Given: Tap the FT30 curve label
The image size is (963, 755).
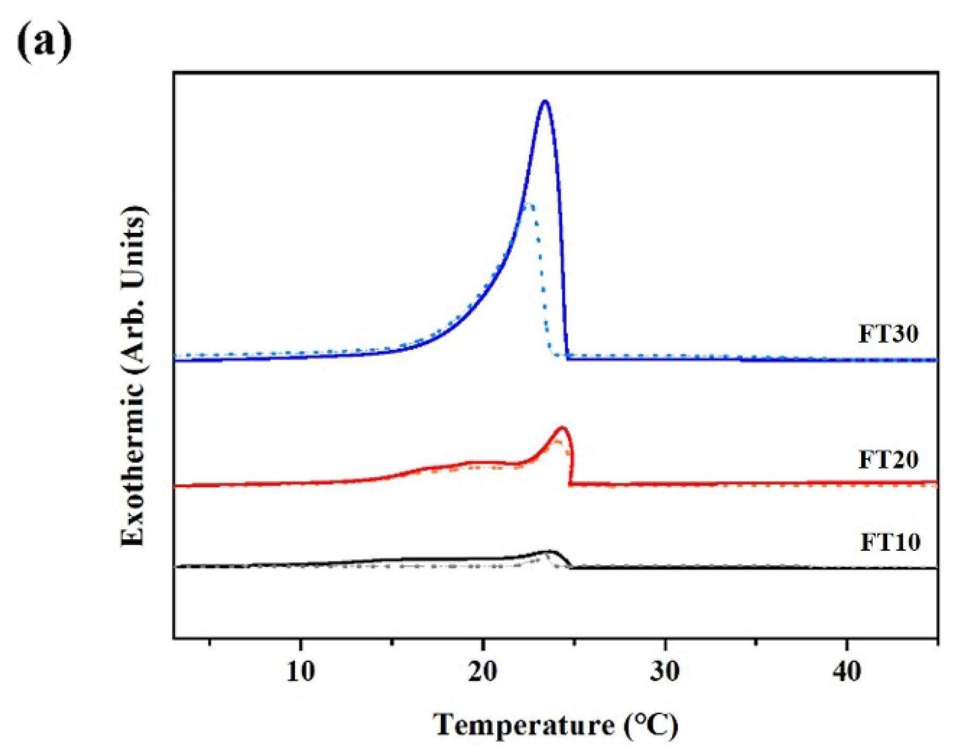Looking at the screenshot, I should pyautogui.click(x=888, y=334).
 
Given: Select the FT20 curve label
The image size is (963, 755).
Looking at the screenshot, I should pyautogui.click(x=888, y=459).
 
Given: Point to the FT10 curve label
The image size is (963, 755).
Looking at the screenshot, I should pyautogui.click(x=890, y=542).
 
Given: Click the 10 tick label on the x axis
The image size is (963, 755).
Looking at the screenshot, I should pyautogui.click(x=301, y=672).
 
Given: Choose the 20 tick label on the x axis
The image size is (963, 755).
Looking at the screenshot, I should pyautogui.click(x=483, y=672).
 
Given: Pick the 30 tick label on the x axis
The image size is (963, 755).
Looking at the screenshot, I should pyautogui.click(x=665, y=672).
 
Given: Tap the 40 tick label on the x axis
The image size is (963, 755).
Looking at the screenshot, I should pyautogui.click(x=846, y=672).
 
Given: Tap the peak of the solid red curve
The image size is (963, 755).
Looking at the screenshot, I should pyautogui.click(x=562, y=427).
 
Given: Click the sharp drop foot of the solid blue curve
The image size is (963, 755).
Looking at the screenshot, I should pyautogui.click(x=568, y=357).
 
